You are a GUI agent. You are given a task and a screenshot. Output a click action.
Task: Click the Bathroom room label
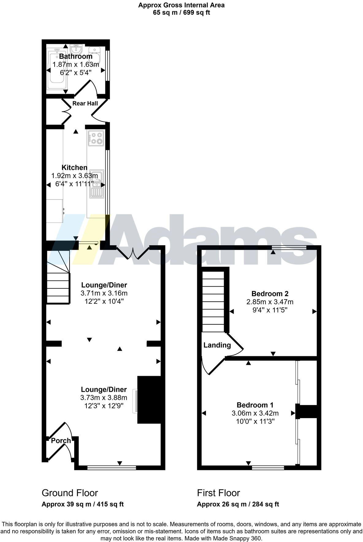pos(76,56)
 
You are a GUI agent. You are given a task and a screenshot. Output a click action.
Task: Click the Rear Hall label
pos(85,103)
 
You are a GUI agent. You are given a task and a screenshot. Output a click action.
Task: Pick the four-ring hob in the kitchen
pos(96,138)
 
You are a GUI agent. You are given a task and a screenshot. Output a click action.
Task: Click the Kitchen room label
pos(75,167)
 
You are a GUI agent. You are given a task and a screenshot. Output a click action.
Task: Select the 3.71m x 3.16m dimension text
pos(104,293)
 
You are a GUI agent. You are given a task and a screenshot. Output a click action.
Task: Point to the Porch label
pos(61,441)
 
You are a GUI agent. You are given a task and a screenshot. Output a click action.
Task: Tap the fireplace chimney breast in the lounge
pos(149,400)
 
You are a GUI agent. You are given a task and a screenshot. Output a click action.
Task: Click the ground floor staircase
pos(58,282)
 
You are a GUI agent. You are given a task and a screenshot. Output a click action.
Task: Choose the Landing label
pos(217,345)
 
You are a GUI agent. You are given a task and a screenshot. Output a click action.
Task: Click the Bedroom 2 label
pos(270,294)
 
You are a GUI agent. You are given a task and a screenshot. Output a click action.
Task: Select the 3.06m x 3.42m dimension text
pos(255,413)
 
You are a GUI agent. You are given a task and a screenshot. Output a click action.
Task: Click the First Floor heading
pos(218,493)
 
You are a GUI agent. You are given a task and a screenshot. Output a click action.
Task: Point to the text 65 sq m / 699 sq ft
pos(181,13)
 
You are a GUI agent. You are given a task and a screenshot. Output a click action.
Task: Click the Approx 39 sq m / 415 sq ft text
pos(82,504)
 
